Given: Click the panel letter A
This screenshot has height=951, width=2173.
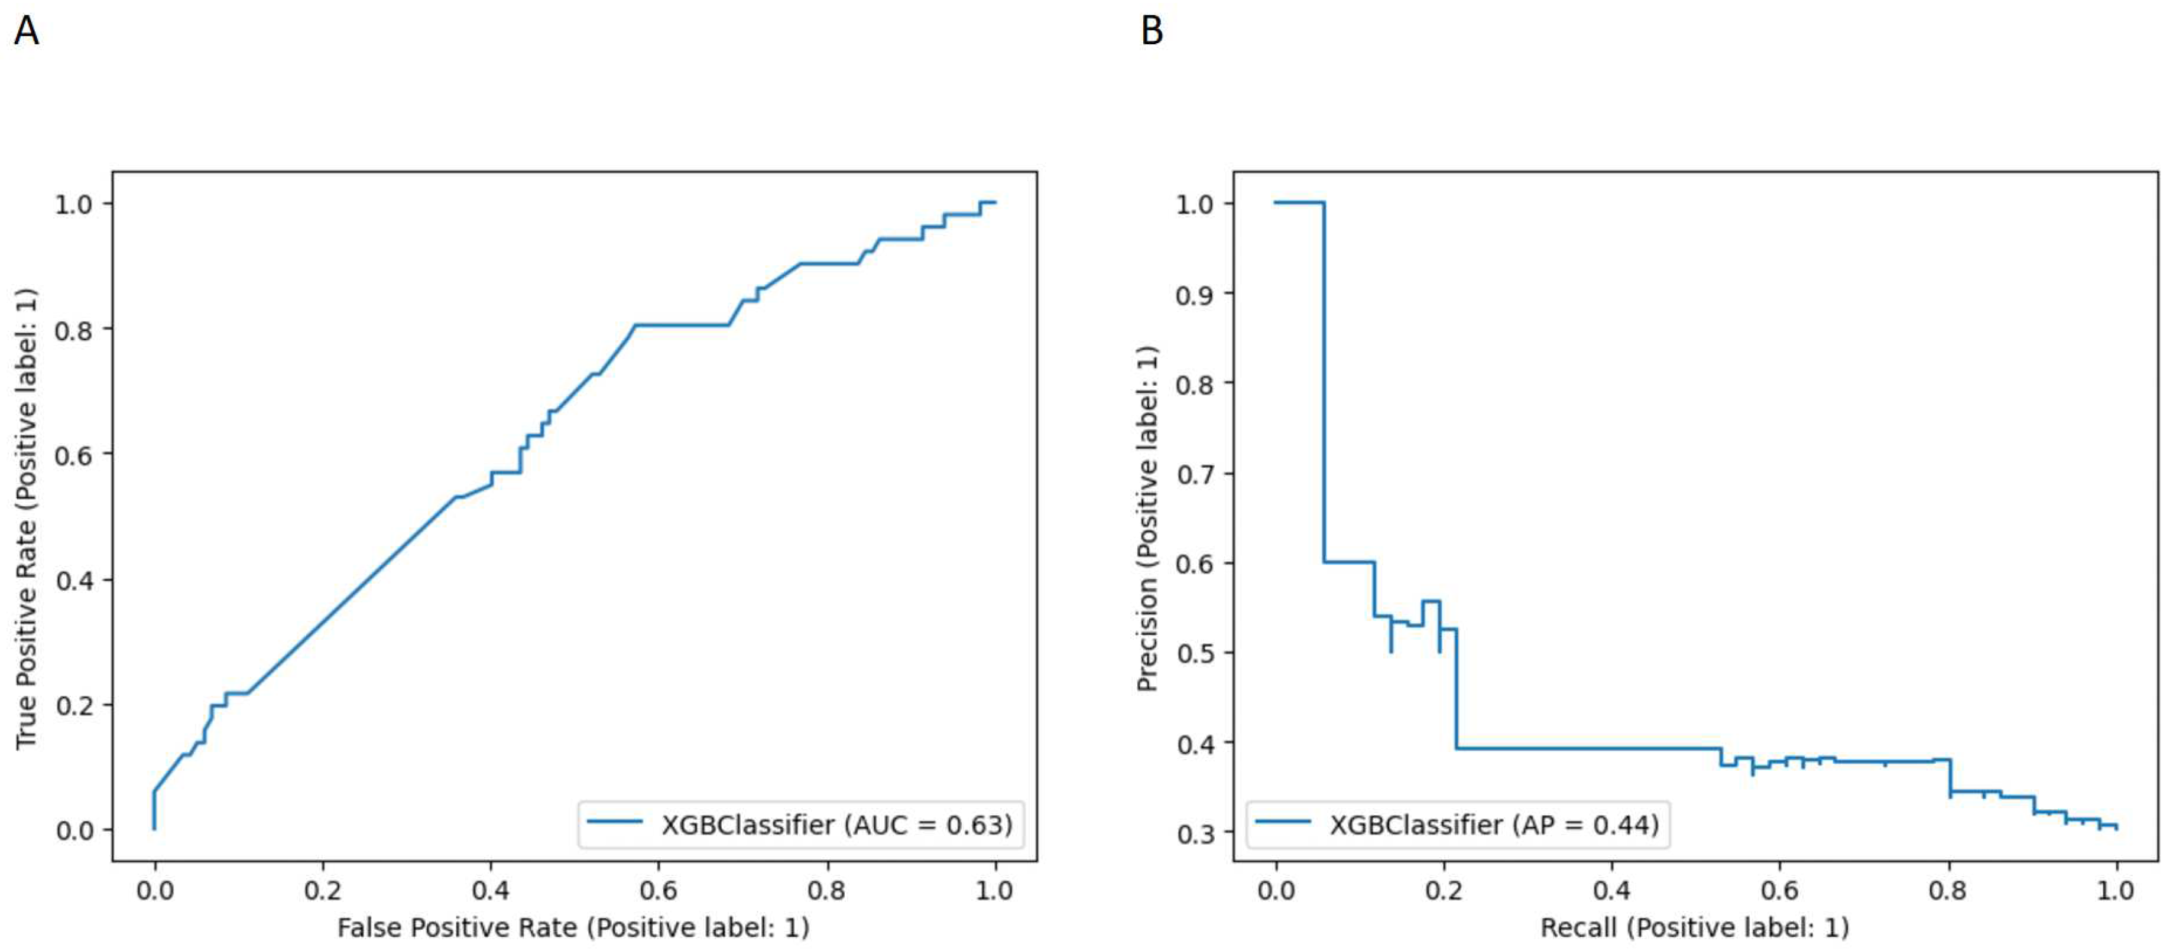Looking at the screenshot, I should click(26, 31).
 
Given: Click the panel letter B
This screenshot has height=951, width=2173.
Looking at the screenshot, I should click(1152, 31).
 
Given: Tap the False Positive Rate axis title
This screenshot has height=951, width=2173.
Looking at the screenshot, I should click(573, 927).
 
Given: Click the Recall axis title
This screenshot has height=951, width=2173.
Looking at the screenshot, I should click(1694, 927).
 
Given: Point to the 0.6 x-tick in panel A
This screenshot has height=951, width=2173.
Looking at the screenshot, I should click(658, 890).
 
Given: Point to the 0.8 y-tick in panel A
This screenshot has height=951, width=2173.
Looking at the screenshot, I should click(73, 330).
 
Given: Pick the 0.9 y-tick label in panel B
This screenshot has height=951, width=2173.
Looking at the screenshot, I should click(1195, 294).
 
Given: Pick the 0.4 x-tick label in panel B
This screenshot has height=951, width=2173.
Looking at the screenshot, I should click(1611, 890).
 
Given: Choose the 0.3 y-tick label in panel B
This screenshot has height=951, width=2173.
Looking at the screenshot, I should click(1195, 833).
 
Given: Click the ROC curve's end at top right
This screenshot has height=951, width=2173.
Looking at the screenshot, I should click(994, 203).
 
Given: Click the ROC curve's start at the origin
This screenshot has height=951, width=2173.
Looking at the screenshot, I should click(154, 828).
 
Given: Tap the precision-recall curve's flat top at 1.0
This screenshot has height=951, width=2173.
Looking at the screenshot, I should click(1299, 203).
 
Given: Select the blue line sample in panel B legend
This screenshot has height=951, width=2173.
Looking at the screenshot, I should click(1283, 821).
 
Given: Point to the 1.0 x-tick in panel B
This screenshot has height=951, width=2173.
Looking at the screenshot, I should click(2116, 890).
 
